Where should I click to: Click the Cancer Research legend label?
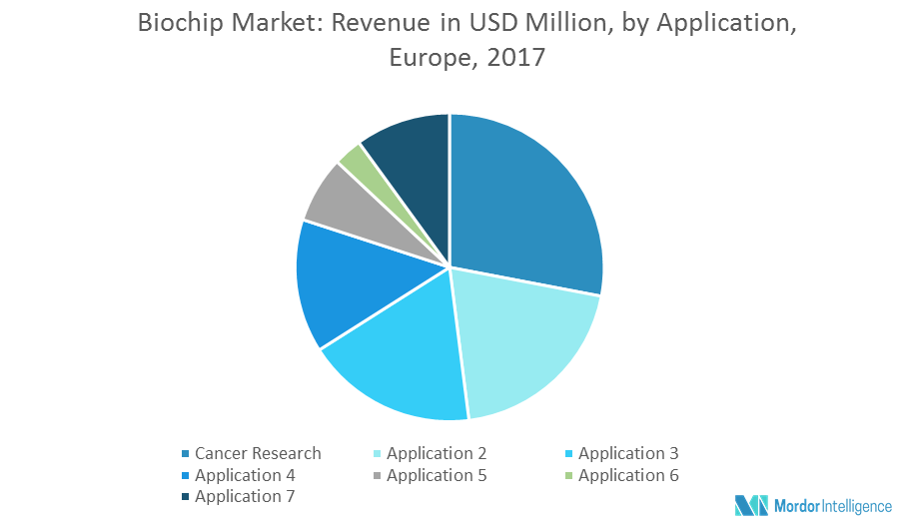coord(258,453)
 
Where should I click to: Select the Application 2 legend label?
coord(437,453)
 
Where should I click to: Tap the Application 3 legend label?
coord(628,453)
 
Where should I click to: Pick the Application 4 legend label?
coord(245,475)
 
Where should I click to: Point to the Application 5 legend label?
coord(437,475)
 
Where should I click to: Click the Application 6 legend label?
coord(628,475)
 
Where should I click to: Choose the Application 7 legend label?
coord(245,496)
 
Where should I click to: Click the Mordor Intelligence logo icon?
coord(750,504)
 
